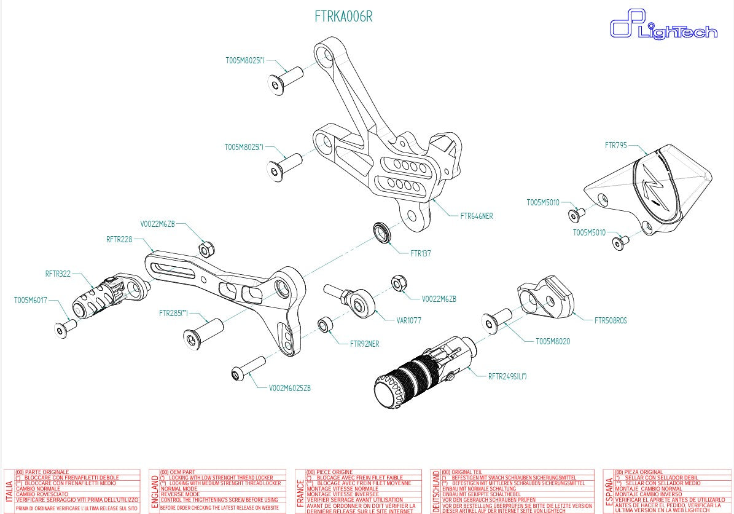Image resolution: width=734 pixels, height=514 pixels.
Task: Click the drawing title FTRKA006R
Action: coord(343,17)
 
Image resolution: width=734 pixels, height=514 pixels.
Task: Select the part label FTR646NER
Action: coord(476,216)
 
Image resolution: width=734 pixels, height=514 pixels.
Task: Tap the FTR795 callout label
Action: coord(615,146)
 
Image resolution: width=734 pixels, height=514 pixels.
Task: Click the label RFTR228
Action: coord(119,239)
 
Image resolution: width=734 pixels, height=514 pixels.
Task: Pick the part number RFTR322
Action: coord(58,274)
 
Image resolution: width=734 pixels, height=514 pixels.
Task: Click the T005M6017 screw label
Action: coord(30,301)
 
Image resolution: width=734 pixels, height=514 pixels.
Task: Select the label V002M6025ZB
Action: coord(289,389)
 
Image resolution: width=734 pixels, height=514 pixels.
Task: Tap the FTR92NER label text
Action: coord(364,344)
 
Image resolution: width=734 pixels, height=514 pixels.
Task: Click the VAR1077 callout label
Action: coord(408,320)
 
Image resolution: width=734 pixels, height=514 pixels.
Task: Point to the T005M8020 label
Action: coord(553,341)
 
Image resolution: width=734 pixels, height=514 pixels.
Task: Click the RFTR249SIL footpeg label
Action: coord(507,376)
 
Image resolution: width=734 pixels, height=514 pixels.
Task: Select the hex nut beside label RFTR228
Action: coord(206,249)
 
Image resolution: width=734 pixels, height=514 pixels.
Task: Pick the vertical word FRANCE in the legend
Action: coord(300,492)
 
